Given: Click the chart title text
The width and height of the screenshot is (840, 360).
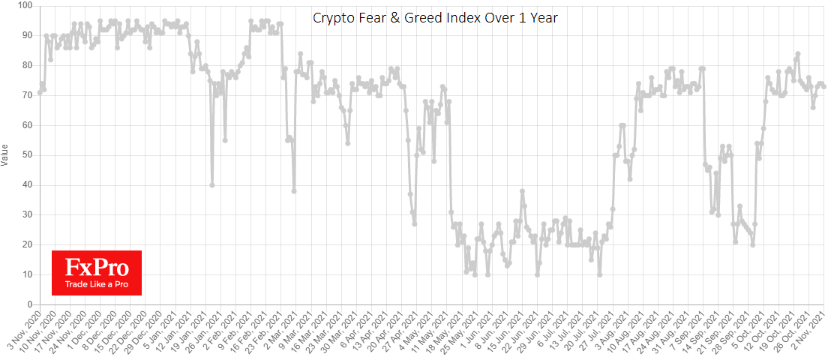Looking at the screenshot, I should (x=435, y=17).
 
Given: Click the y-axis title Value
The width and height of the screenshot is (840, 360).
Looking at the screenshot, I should (x=7, y=154).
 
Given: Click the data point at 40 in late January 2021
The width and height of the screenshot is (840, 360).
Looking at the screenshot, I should (x=212, y=184).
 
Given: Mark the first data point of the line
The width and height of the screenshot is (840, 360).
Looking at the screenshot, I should (x=40, y=92).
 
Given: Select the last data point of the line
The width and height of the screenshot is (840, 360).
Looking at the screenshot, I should (x=824, y=86).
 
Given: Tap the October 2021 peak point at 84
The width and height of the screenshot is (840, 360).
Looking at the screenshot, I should (x=798, y=54).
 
